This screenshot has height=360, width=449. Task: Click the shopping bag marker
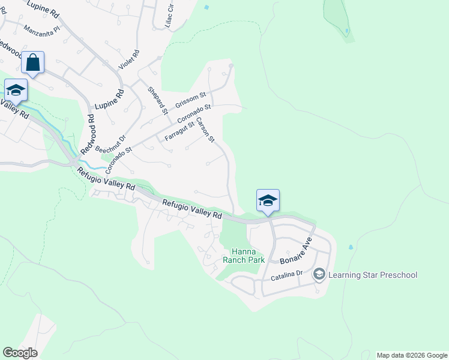33,62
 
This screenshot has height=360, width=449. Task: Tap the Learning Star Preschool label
373,275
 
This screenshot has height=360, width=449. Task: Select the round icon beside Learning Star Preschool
319,275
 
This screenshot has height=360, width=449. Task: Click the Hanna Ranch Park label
240,256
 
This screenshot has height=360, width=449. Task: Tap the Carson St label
205,130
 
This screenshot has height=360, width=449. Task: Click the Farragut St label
179,133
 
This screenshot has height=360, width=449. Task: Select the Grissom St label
190,100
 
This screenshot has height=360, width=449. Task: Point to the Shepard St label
157,100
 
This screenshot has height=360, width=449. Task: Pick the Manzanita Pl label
42,28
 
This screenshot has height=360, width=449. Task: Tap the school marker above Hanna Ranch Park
268,200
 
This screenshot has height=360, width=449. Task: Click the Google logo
20,353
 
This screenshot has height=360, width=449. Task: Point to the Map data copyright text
411,355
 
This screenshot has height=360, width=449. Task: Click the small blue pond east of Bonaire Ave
351,247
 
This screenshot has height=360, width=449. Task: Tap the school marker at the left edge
16,90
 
